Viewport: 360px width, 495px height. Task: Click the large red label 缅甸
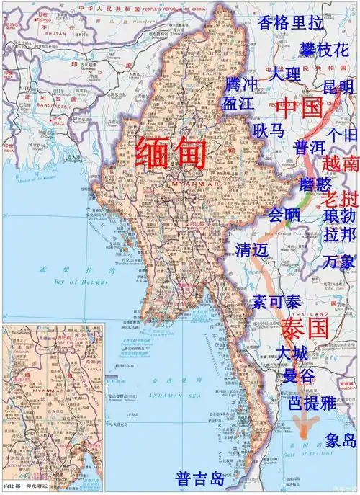point(171,154)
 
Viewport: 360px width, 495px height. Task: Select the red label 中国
point(298,108)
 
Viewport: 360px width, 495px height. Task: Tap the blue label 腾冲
point(240,84)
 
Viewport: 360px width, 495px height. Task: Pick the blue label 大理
point(286,74)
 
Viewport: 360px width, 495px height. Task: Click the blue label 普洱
point(310,148)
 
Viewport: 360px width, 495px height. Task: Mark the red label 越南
point(341,164)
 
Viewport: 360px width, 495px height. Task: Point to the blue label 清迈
point(252,250)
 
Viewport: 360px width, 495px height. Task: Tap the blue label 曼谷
point(297,375)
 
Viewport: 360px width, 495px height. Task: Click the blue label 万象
point(338,261)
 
